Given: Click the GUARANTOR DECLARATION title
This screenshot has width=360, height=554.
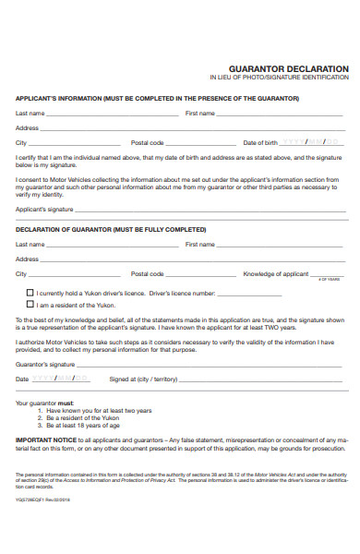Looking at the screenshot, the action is coord(288,69).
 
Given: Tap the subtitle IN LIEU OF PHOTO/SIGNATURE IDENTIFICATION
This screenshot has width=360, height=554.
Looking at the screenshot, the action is coord(280,78).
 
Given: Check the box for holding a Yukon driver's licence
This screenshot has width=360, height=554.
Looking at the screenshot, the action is coord(30,292).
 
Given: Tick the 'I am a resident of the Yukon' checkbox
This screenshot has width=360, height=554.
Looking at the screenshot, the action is coord(30,304).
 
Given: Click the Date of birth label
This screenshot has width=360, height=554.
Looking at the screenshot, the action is coord(260,143).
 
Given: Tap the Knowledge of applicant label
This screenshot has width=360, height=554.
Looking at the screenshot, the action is coord(275,274).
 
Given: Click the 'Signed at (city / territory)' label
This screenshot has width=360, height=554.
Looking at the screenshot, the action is coord(142,379).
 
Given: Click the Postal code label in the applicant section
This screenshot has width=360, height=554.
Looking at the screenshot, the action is coord(147,143).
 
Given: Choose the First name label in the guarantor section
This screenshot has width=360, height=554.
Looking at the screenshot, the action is coord(199,245).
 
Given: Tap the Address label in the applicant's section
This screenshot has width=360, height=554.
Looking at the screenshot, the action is coord(27,128).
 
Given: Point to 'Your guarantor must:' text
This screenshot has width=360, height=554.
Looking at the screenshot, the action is coord(45,403).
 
